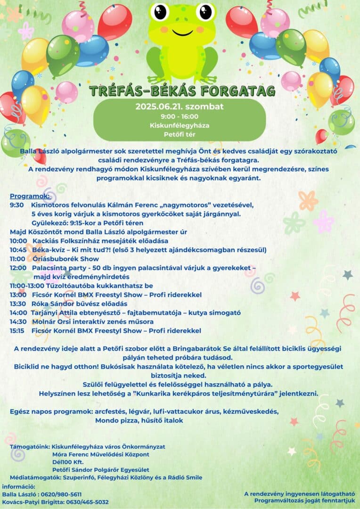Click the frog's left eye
tap(161, 11)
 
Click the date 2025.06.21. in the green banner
tap(158, 106)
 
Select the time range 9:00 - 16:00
tap(180, 116)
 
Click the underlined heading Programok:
tap(30, 196)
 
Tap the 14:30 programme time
tap(18, 321)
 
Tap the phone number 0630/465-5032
tap(88, 502)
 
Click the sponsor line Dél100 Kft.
tap(68, 462)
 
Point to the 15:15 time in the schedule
tap(18, 330)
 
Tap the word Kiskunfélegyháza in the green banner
tap(180, 126)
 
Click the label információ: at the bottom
tap(19, 486)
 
